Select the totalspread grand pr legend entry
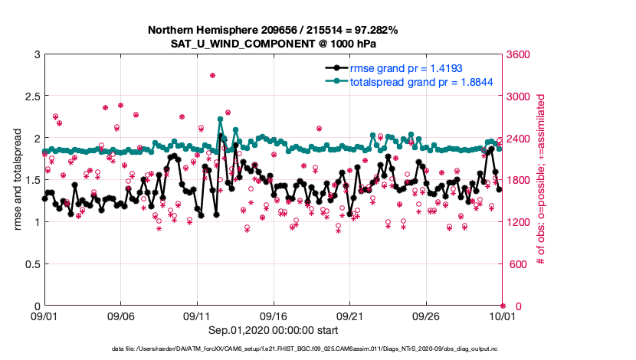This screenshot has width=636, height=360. click(421, 81)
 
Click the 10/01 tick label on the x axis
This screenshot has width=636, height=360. click(502, 316)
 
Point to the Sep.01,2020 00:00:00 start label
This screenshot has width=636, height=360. click(270, 330)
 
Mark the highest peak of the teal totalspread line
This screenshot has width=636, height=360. click(220, 119)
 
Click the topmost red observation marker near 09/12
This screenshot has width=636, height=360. click(212, 75)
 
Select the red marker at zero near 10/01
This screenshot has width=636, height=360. click(503, 306)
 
